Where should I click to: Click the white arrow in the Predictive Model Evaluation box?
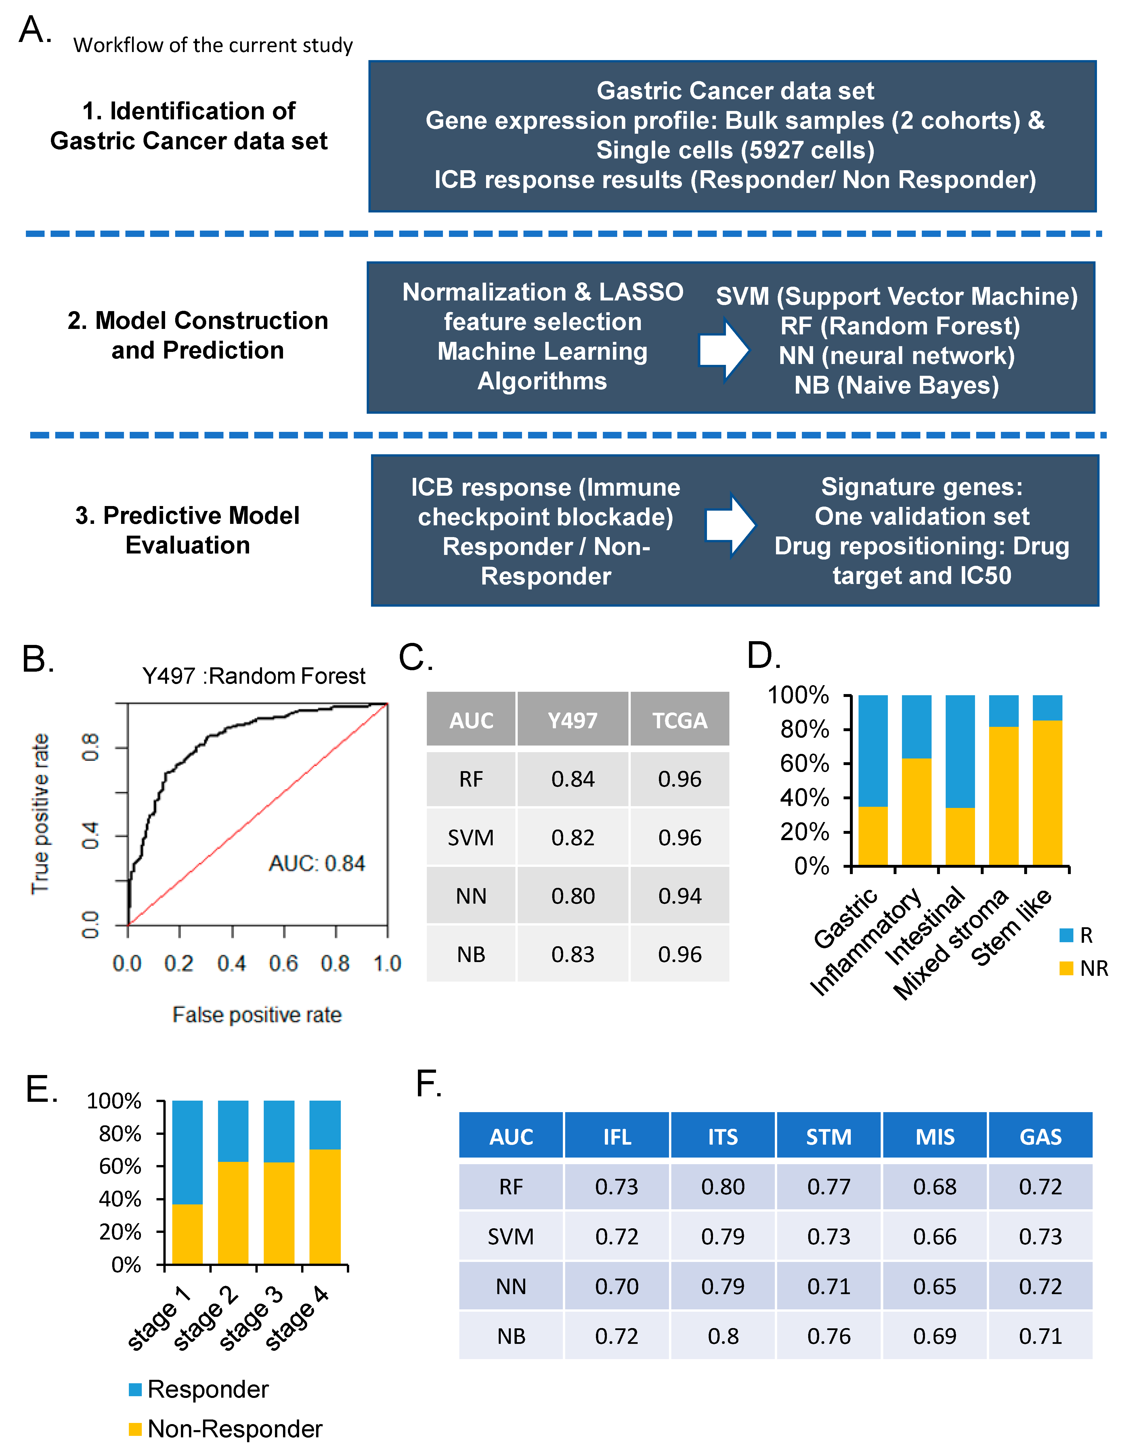click(x=730, y=525)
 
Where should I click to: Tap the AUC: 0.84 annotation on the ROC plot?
click(x=317, y=863)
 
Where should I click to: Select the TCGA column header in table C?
click(x=679, y=720)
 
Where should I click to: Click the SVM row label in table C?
click(x=471, y=837)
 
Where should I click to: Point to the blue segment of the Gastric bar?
click(x=873, y=750)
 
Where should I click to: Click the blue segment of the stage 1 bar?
click(x=188, y=1151)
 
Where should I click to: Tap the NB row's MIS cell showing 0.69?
click(x=934, y=1336)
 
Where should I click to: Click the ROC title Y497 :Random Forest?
click(x=254, y=676)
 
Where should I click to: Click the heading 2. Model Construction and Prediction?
click(x=198, y=335)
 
